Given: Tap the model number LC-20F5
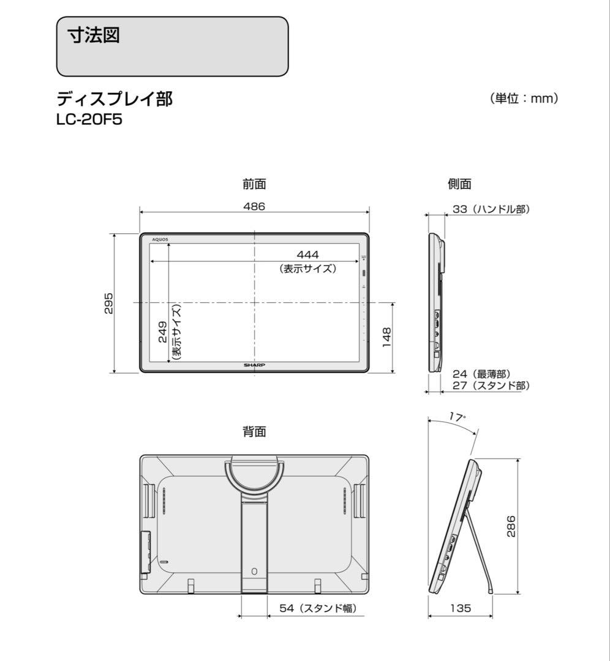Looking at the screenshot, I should [x=89, y=119].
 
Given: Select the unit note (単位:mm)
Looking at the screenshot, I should [x=524, y=99].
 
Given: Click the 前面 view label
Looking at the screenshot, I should [x=254, y=184].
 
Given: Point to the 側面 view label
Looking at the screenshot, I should [x=460, y=184].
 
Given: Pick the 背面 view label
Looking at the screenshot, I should [x=254, y=432].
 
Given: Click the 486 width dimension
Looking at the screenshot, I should [x=254, y=207].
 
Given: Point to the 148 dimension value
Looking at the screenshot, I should [x=386, y=337].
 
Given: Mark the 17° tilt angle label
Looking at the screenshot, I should [x=456, y=417].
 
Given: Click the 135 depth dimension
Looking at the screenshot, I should [x=460, y=608].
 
